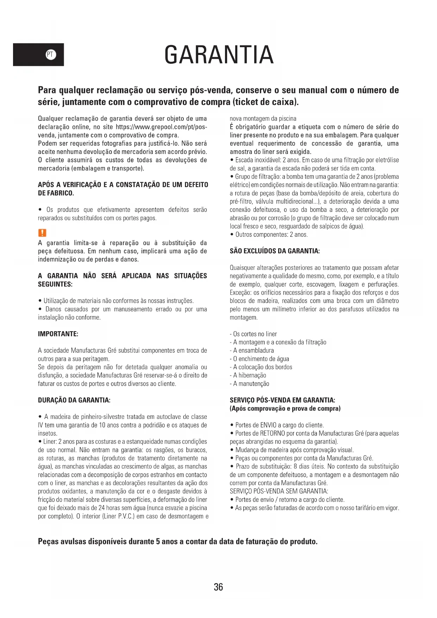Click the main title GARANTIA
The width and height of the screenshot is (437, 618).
click(219, 55)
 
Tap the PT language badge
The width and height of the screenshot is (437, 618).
click(51, 55)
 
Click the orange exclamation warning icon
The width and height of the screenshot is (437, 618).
click(42, 233)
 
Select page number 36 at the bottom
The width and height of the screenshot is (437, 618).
click(218, 587)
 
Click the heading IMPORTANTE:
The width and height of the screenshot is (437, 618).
click(58, 334)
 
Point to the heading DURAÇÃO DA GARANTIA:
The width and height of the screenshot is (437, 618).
click(74, 400)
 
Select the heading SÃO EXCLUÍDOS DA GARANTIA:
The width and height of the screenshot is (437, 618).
click(275, 251)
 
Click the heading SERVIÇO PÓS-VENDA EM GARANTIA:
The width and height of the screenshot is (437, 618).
click(282, 400)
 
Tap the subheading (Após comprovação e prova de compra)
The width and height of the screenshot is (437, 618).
click(285, 409)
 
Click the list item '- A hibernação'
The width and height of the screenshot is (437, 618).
click(248, 376)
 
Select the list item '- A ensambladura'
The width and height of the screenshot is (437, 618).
click(252, 351)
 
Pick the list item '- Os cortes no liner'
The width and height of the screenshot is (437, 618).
click(254, 334)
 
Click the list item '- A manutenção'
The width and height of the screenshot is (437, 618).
click(250, 384)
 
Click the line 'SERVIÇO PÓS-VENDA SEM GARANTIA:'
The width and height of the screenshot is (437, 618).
click(279, 492)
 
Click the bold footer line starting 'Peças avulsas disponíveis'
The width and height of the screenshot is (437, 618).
click(178, 542)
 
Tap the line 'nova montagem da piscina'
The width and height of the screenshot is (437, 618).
click(263, 119)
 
